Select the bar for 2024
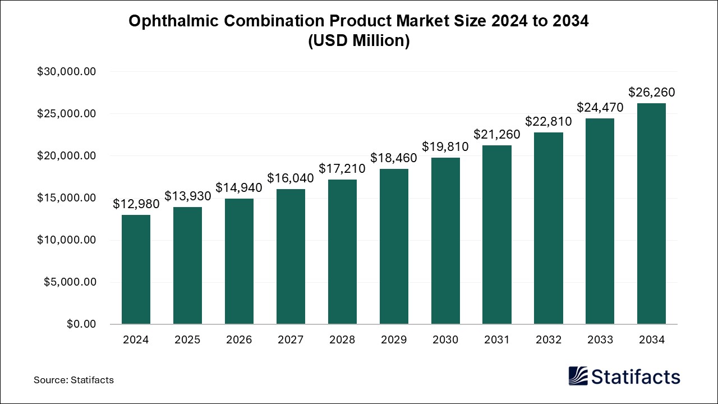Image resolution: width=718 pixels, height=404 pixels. tap(136, 269)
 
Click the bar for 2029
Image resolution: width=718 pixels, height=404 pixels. tap(394, 246)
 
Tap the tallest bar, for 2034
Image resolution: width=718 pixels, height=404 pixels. tap(651, 214)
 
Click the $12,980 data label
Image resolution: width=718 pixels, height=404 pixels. tap(136, 204)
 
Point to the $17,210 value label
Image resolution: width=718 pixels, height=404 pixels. tap(342, 168)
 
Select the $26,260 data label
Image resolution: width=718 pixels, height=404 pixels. tap(651, 93)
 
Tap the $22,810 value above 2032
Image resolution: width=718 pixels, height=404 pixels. tap(549, 121)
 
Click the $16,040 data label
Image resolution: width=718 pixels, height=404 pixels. tap(291, 178)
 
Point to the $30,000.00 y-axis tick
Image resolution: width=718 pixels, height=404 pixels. tap(67, 72)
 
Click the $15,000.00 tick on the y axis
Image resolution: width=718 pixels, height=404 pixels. tap(67, 198)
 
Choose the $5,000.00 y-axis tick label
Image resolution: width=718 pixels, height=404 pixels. tap(70, 282)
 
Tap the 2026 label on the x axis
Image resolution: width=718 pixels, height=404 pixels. tap(239, 339)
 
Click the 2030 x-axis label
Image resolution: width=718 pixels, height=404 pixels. tap(445, 339)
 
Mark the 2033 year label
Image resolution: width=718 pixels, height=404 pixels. tap(600, 339)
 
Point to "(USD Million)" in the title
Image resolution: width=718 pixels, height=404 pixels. tap(359, 41)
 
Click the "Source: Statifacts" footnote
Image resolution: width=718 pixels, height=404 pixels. tap(73, 380)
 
